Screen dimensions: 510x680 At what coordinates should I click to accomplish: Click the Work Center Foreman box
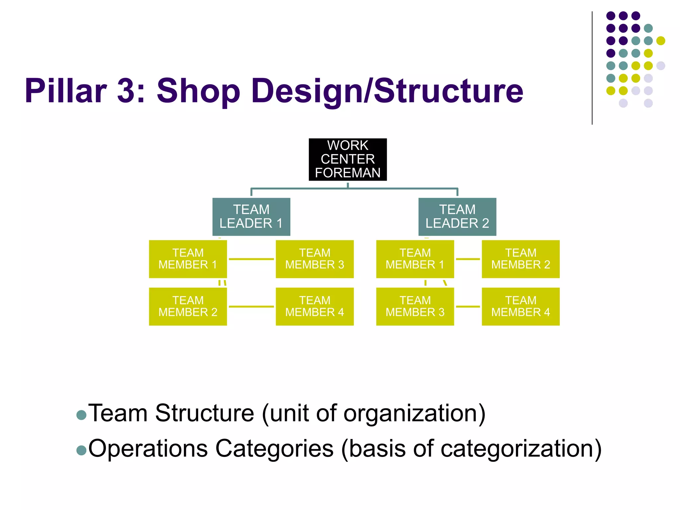coord(348,159)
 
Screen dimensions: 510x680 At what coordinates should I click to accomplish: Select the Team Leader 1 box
coord(251,216)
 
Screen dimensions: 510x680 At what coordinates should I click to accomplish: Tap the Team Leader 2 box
coord(457,216)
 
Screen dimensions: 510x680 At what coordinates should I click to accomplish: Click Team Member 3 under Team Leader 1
coord(314,259)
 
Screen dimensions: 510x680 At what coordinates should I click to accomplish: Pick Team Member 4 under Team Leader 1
coord(314,306)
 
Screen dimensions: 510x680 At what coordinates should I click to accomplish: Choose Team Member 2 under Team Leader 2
coord(521,259)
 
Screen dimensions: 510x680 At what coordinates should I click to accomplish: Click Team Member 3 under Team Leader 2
coord(415,306)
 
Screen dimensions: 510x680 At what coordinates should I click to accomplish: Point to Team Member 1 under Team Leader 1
coord(188,259)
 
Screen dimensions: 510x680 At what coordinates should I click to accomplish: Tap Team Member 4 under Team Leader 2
coord(521,306)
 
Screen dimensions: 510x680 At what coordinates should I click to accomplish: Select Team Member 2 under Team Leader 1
coord(188,306)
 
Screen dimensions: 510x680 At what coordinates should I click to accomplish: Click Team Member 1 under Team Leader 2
coord(415,259)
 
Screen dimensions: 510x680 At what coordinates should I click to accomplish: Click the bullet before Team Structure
coord(81,415)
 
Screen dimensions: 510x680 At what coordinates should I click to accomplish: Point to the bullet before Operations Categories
coord(81,450)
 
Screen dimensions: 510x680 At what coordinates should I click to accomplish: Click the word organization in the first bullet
coord(412,414)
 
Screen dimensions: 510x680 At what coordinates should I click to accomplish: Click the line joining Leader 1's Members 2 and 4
coord(251,306)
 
